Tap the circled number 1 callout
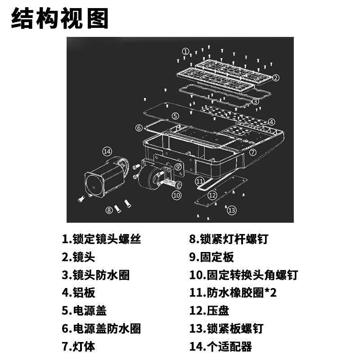[185, 51]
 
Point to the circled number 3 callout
[256, 101]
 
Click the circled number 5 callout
[175, 116]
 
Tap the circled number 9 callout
[178, 166]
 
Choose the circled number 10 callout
[176, 195]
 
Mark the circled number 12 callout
[212, 195]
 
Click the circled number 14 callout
[107, 151]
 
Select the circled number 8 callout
[109, 209]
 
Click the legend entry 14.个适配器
[220, 346]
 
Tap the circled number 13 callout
[231, 210]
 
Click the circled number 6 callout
[139, 128]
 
